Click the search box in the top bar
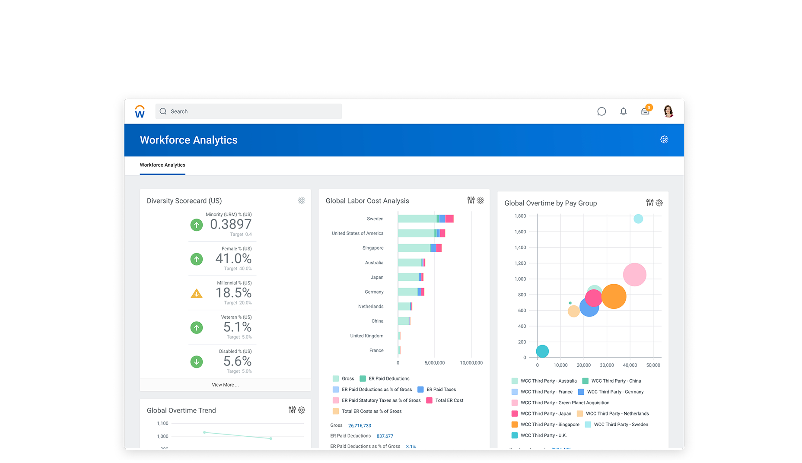[x=248, y=111]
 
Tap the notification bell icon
[x=623, y=111]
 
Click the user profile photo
[x=668, y=111]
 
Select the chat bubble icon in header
[x=601, y=111]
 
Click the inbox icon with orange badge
[x=645, y=111]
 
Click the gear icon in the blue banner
[x=664, y=140]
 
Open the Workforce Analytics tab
[x=162, y=165]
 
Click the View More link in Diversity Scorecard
[x=225, y=385]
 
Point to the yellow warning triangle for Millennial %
[x=197, y=294]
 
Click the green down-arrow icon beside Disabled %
[x=197, y=362]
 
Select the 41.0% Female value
[x=233, y=258]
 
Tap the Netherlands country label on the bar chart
[x=371, y=307]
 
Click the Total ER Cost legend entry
[x=449, y=400]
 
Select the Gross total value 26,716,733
[x=360, y=425]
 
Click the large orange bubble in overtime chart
[x=614, y=296]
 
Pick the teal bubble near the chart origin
[x=542, y=351]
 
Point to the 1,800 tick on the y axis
[x=520, y=216]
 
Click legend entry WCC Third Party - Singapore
[x=550, y=425]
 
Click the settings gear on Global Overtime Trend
[x=302, y=410]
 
